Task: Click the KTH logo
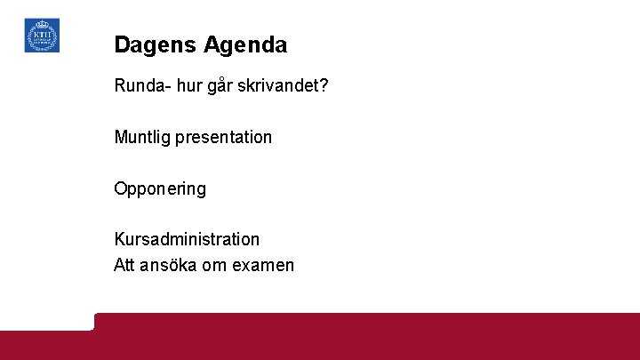(42, 36)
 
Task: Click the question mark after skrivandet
(324, 87)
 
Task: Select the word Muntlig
(142, 138)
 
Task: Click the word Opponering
(160, 189)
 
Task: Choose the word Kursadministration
(187, 239)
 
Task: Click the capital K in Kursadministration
(120, 239)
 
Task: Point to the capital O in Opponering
(121, 189)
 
